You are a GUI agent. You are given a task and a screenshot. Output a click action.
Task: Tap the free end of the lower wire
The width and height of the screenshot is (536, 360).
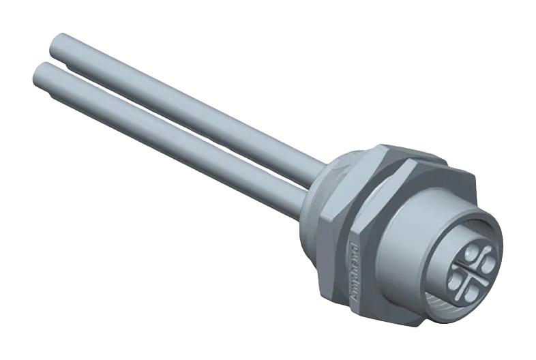coord(42,74)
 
